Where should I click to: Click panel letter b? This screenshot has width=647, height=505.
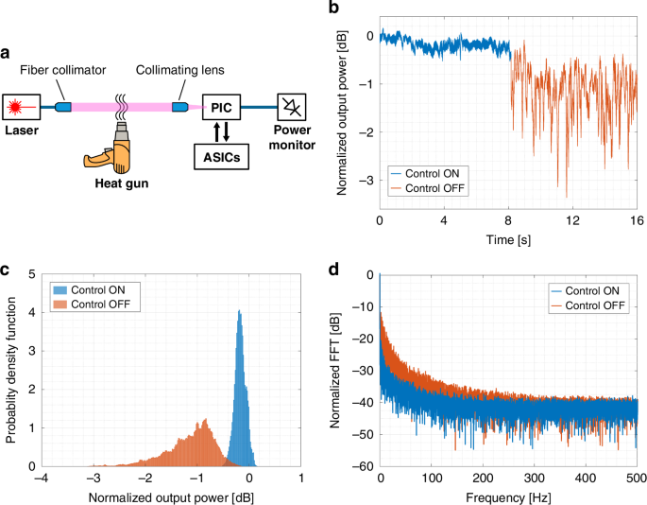click(x=333, y=8)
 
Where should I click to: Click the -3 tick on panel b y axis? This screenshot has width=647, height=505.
click(x=366, y=178)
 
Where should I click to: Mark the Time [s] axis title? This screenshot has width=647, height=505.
click(x=508, y=240)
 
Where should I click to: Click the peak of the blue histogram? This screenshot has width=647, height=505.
click(x=240, y=310)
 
